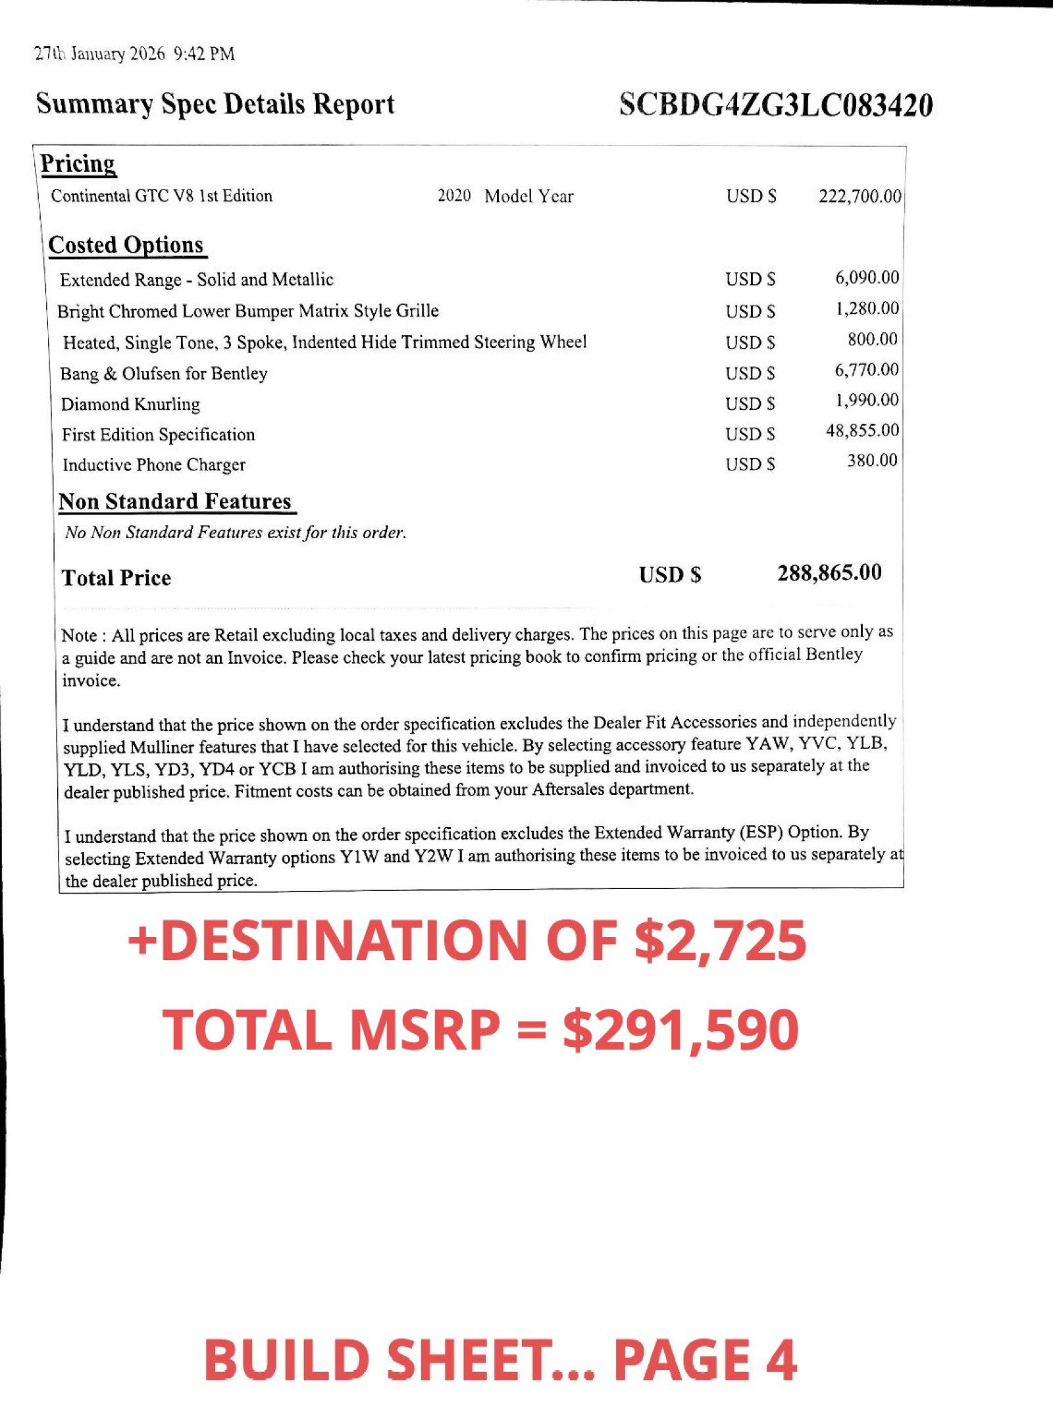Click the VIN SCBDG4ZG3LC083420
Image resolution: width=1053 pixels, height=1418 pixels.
(775, 105)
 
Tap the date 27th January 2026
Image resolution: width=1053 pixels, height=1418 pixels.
(99, 54)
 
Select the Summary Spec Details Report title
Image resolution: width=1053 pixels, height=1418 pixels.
(215, 104)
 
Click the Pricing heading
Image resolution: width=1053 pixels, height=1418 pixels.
(78, 163)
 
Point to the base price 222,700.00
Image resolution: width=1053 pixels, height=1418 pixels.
(860, 196)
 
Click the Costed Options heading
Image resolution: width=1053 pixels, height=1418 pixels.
(126, 245)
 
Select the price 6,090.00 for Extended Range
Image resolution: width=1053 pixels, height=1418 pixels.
(867, 278)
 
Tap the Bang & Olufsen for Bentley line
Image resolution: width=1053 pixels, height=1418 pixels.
(164, 374)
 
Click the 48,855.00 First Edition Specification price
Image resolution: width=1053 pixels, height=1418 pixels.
(862, 430)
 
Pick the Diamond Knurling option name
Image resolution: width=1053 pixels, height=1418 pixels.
(130, 404)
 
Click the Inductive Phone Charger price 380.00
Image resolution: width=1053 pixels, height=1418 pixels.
(872, 461)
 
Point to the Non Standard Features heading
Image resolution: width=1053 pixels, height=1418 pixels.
(175, 501)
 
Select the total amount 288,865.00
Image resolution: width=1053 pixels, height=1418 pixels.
(829, 573)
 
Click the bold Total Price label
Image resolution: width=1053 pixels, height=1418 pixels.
(116, 578)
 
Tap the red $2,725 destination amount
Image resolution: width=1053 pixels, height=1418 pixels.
(720, 940)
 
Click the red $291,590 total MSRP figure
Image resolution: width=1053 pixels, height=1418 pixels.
(681, 1030)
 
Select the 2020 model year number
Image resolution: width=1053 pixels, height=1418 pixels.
(454, 196)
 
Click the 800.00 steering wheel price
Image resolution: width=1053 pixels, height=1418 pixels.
(872, 340)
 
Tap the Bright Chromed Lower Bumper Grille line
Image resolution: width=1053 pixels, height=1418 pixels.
(248, 311)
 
